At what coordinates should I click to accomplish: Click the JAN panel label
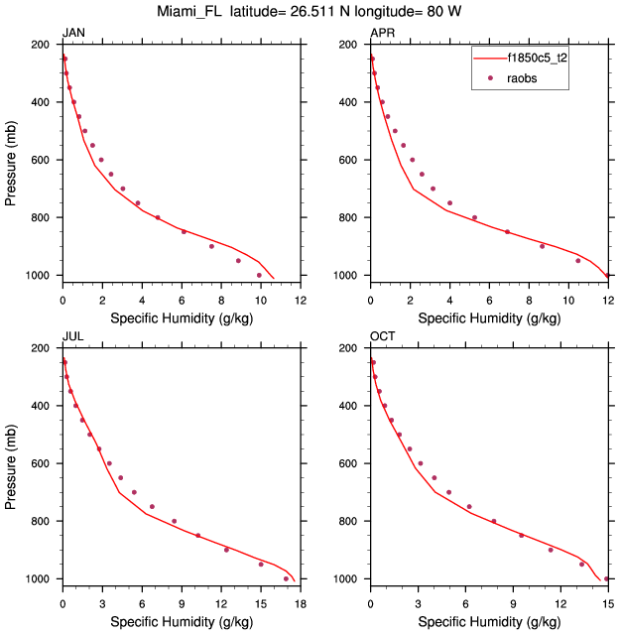(x=73, y=33)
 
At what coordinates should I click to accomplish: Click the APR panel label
(x=382, y=33)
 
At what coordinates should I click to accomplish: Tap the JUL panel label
(x=72, y=336)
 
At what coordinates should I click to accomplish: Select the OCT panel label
(x=382, y=336)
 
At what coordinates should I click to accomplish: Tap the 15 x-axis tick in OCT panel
(x=608, y=603)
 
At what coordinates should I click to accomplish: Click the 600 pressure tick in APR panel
(x=351, y=161)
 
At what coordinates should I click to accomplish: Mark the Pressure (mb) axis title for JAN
(x=11, y=160)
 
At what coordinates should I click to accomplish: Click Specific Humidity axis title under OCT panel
(x=488, y=622)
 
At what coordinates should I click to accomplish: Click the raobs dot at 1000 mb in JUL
(x=286, y=578)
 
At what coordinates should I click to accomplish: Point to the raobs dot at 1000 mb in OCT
(x=605, y=578)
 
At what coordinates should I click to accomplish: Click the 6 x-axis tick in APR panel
(x=489, y=300)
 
